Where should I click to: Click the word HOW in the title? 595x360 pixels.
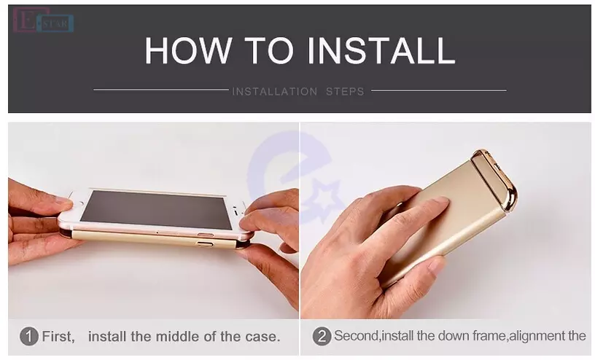click(x=188, y=50)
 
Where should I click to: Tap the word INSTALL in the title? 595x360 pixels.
click(x=381, y=50)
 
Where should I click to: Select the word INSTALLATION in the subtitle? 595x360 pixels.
click(x=275, y=91)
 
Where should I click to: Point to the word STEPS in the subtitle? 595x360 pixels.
click(x=345, y=91)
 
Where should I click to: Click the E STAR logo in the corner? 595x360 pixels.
click(x=43, y=20)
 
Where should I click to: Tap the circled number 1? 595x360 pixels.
click(x=29, y=337)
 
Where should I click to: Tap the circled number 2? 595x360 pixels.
click(x=322, y=337)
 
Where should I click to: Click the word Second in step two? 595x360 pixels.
click(x=357, y=336)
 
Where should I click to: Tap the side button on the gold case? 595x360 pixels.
click(x=204, y=244)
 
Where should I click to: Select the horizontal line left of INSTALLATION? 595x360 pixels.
click(x=161, y=90)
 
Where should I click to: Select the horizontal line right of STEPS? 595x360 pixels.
click(x=439, y=90)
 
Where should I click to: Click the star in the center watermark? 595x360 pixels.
click(x=322, y=197)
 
